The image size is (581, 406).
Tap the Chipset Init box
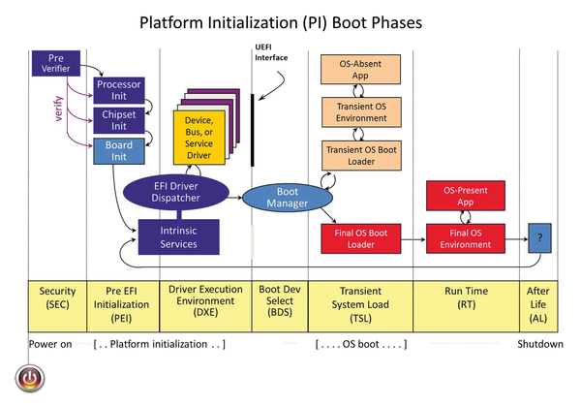click(x=119, y=121)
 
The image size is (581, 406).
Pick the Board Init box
click(x=119, y=150)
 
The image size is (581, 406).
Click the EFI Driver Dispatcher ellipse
click(x=177, y=192)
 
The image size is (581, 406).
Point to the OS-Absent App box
click(x=358, y=70)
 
